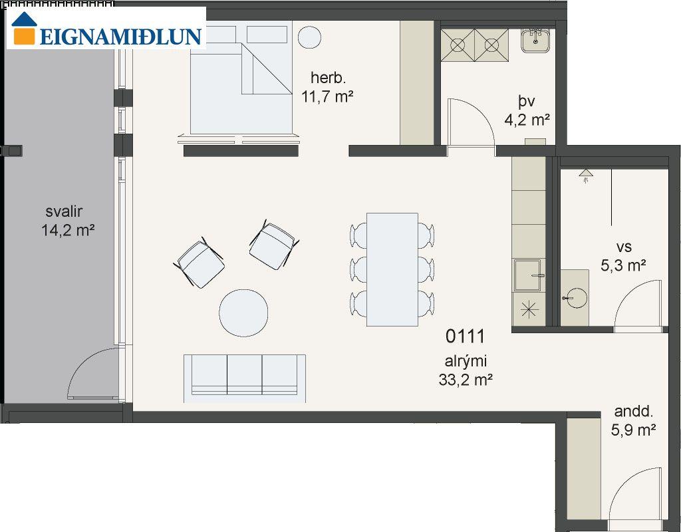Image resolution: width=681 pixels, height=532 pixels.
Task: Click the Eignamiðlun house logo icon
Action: pyautogui.click(x=24, y=28)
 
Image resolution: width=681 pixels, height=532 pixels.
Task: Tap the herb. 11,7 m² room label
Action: pyautogui.click(x=327, y=87)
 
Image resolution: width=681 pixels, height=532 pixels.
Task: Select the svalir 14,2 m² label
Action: pyautogui.click(x=68, y=221)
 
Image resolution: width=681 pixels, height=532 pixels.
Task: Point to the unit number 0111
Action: pyautogui.click(x=465, y=336)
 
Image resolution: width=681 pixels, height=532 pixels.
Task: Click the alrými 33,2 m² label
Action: pyautogui.click(x=466, y=370)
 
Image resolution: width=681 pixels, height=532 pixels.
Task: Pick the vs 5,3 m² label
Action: pyautogui.click(x=624, y=256)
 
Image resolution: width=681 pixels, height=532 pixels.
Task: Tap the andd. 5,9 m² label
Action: pyautogui.click(x=633, y=421)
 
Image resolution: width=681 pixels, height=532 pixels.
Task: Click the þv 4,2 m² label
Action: pyautogui.click(x=527, y=110)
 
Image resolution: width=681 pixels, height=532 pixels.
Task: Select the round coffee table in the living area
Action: pyautogui.click(x=243, y=313)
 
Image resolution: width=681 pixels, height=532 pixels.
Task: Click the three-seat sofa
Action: pyautogui.click(x=245, y=378)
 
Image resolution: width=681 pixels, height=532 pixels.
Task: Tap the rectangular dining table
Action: pyautogui.click(x=392, y=269)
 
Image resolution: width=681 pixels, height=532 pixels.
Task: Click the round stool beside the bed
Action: pyautogui.click(x=309, y=37)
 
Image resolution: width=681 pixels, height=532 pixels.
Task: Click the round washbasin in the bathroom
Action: pyautogui.click(x=577, y=298)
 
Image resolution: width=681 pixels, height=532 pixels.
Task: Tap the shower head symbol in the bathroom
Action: pyautogui.click(x=586, y=175)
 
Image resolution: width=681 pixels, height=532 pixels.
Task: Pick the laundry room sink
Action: pyautogui.click(x=536, y=41)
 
